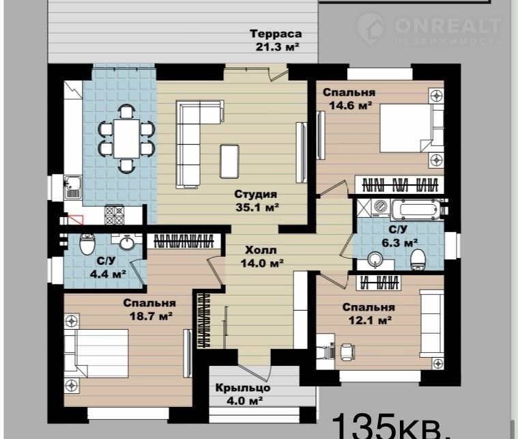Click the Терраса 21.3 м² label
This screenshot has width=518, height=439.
coord(276,40)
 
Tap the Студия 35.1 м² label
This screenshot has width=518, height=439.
coord(257,201)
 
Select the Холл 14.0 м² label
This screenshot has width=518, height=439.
coord(261,257)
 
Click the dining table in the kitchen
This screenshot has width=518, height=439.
coord(126,139)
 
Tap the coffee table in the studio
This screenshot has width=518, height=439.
coord(229,161)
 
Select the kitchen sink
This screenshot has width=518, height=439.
coord(72,187)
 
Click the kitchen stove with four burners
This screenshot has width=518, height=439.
coord(114,214)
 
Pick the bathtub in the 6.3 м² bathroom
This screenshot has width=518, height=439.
coord(416,209)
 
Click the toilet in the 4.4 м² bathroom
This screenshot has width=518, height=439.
coord(87,244)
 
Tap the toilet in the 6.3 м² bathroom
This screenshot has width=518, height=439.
coord(418,259)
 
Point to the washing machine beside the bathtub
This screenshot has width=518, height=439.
coord(381,208)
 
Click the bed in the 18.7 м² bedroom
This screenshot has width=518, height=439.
coord(96,353)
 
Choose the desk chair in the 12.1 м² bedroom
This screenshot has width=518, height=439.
coord(347,352)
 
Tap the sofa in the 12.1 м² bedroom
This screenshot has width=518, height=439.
coord(432,324)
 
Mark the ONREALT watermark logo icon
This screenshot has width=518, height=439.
coord(371,29)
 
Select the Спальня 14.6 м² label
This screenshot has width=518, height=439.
coord(349,98)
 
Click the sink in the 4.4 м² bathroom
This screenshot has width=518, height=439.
coord(127,243)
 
